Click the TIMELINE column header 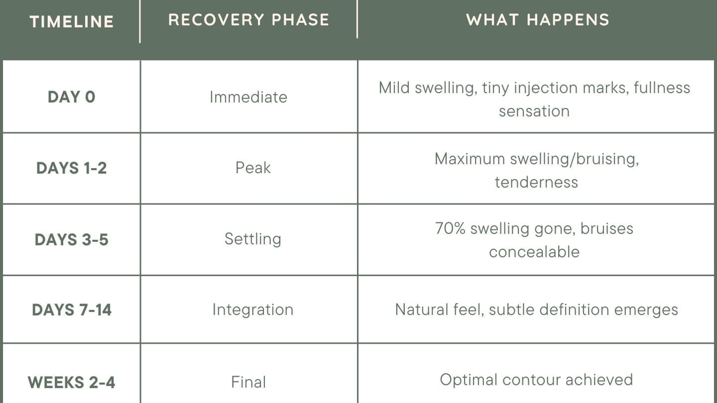click(x=72, y=22)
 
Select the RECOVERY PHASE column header click(x=249, y=20)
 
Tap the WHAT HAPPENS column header click(x=538, y=20)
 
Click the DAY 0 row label click(x=72, y=97)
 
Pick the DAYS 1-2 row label click(x=72, y=168)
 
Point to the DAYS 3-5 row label click(x=72, y=239)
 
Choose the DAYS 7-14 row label click(x=72, y=310)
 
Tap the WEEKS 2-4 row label click(x=72, y=382)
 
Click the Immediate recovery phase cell click(x=248, y=97)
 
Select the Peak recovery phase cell click(x=253, y=168)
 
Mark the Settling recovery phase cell click(x=253, y=239)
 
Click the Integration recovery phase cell click(x=253, y=310)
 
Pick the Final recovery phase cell click(x=248, y=382)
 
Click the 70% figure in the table click(x=450, y=228)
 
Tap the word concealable click(x=534, y=252)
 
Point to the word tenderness click(x=536, y=182)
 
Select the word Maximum click(x=470, y=159)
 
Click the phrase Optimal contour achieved click(x=536, y=380)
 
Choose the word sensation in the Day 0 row click(x=534, y=111)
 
